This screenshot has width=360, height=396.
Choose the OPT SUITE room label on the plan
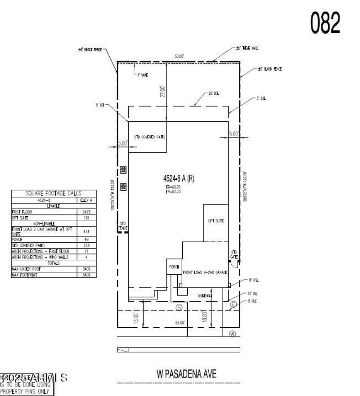pos(216,221)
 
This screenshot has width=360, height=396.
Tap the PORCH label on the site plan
pos(174,267)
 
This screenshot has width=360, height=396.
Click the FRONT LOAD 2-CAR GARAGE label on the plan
pos(204,272)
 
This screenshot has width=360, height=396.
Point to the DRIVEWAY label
pos(205,295)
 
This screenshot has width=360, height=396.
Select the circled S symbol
pos(179,307)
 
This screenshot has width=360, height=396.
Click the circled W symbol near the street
pos(233,334)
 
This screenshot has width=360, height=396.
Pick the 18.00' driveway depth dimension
pos(204,316)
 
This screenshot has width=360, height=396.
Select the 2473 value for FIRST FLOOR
pos(87,212)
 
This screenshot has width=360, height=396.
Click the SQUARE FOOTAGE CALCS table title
pos(54,193)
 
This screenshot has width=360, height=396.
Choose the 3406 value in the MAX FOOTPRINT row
pos(87,274)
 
